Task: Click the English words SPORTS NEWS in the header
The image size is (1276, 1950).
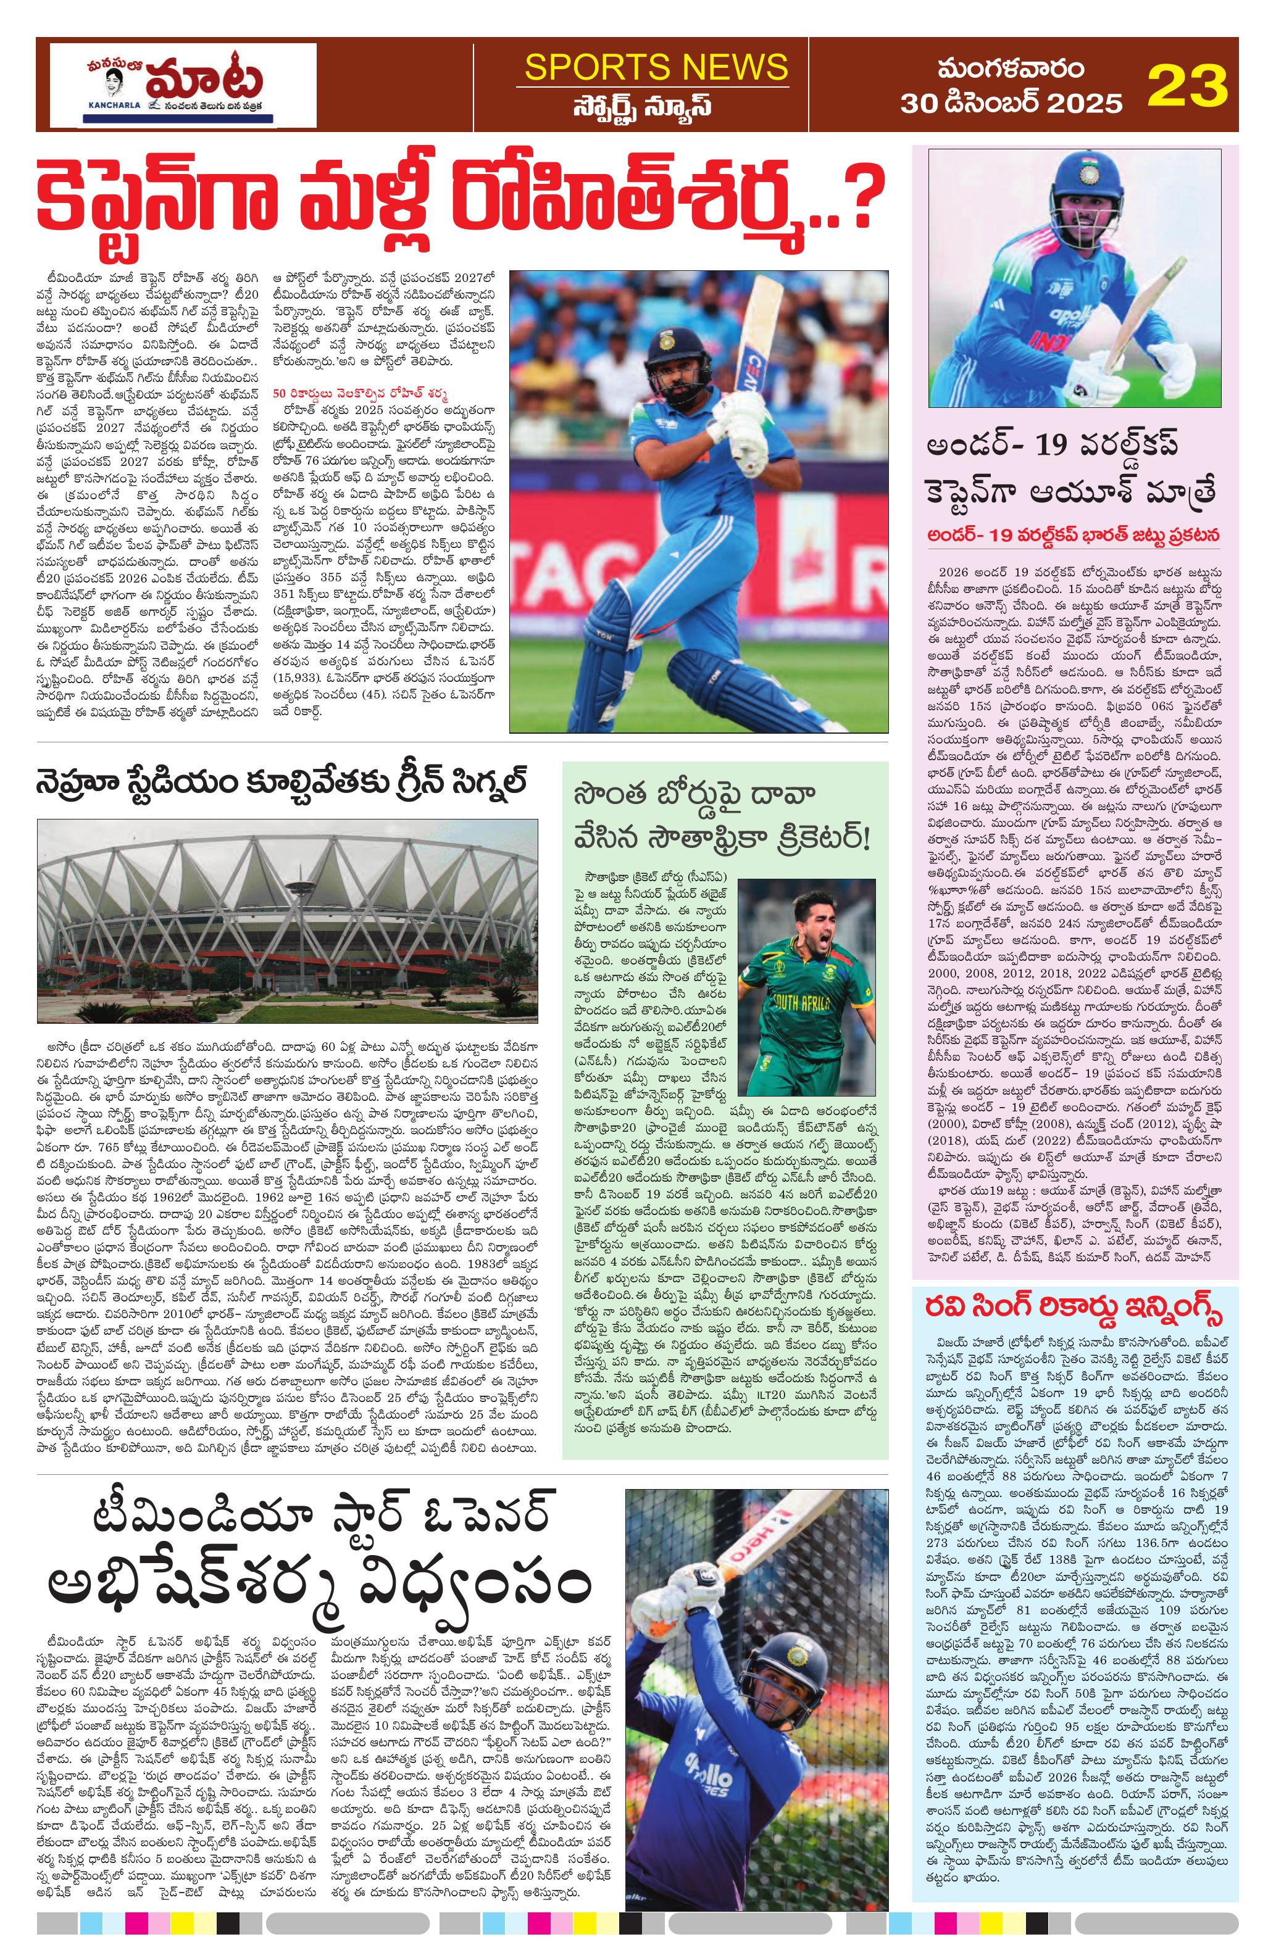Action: tap(656, 67)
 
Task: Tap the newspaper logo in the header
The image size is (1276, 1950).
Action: tap(183, 85)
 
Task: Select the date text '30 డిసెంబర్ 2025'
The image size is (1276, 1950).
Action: tap(999, 103)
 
